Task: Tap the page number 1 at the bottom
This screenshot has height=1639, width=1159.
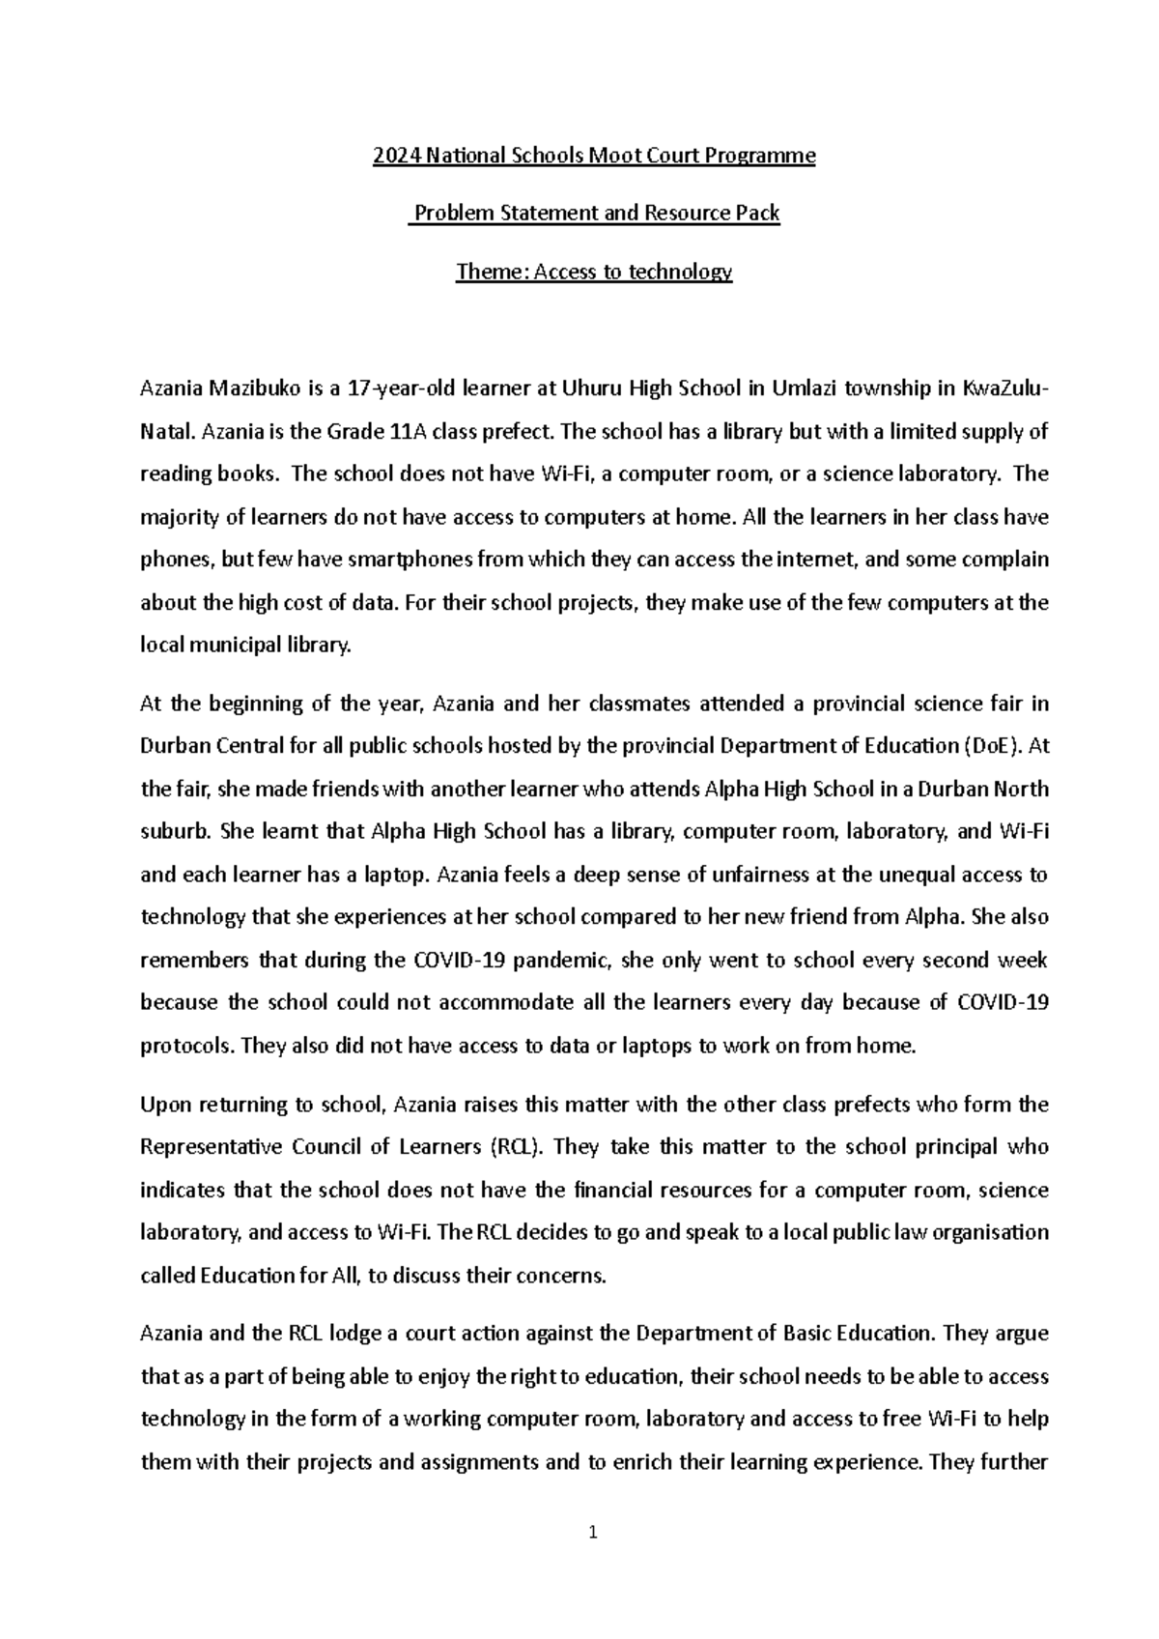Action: point(594,1532)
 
